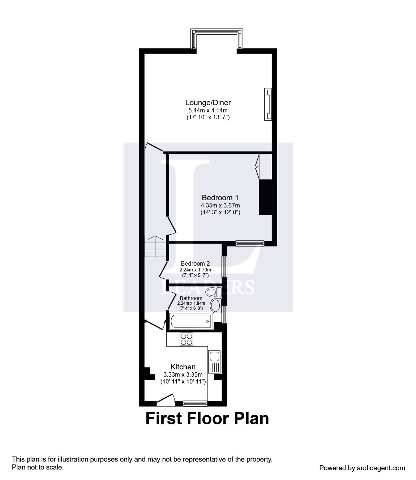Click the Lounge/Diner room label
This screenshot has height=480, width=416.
208,103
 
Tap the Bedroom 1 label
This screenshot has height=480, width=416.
220,198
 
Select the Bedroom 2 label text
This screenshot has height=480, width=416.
195,264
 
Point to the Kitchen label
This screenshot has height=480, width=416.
183,367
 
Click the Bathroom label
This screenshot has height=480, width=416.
191,298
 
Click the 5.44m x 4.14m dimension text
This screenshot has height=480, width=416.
208,110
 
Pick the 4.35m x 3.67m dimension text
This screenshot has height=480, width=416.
220,205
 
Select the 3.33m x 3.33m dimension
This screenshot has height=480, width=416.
183,374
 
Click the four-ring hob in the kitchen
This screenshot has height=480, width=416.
186,339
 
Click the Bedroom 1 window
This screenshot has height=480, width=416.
250,243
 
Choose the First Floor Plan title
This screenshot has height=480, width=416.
207,419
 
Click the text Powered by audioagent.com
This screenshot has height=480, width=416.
362,468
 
